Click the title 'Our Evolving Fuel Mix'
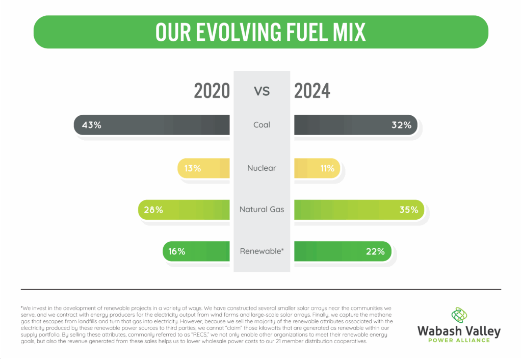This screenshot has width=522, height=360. coord(260,32)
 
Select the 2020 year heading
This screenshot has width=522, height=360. coord(212,91)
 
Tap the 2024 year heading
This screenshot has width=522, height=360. coord(312,91)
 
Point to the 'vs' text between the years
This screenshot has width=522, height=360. coord(262,91)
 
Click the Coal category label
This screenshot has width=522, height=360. coord(262,125)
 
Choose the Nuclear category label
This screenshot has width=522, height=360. coord(262,168)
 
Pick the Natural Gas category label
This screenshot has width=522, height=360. coord(262,209)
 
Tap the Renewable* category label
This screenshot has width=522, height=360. coord(262,251)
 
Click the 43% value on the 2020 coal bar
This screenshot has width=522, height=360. coord(91,125)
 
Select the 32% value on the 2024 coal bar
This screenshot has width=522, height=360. coord(401,125)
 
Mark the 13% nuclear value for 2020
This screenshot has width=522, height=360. coord(193,168)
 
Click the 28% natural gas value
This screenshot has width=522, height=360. coord(153,209)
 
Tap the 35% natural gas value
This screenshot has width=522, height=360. coord(408,209)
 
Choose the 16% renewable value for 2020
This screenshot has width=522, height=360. coord(177,251)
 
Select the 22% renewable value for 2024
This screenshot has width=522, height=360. coord(375,251)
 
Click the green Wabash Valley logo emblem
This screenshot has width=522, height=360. coord(459,315)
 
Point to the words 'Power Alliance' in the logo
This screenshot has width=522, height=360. coord(459,341)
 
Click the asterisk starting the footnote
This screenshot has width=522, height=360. coord(22,307)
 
